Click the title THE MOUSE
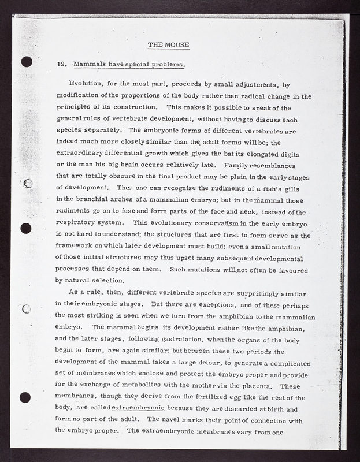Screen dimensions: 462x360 pos(168,44)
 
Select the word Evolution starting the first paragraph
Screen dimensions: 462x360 pos(87,84)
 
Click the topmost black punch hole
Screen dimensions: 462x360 pos(25,62)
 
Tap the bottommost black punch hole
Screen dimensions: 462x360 pos(25,397)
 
